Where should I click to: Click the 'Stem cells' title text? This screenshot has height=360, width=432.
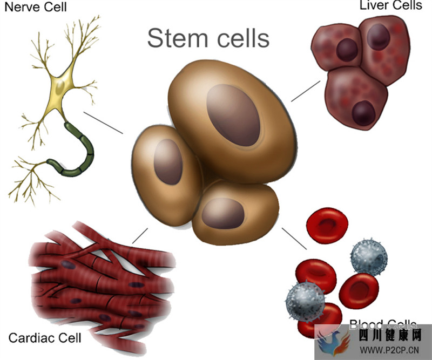[208, 39]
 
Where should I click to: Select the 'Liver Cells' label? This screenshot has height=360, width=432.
[391, 6]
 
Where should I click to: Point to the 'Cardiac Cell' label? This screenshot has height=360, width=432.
[45, 338]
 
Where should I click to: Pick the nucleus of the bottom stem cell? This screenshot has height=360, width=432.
[222, 213]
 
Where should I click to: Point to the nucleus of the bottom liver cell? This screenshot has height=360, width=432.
[363, 112]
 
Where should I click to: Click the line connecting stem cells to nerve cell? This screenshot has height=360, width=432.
[104, 123]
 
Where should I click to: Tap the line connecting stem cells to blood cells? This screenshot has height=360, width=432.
[294, 239]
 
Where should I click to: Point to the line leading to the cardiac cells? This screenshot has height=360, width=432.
[139, 235]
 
